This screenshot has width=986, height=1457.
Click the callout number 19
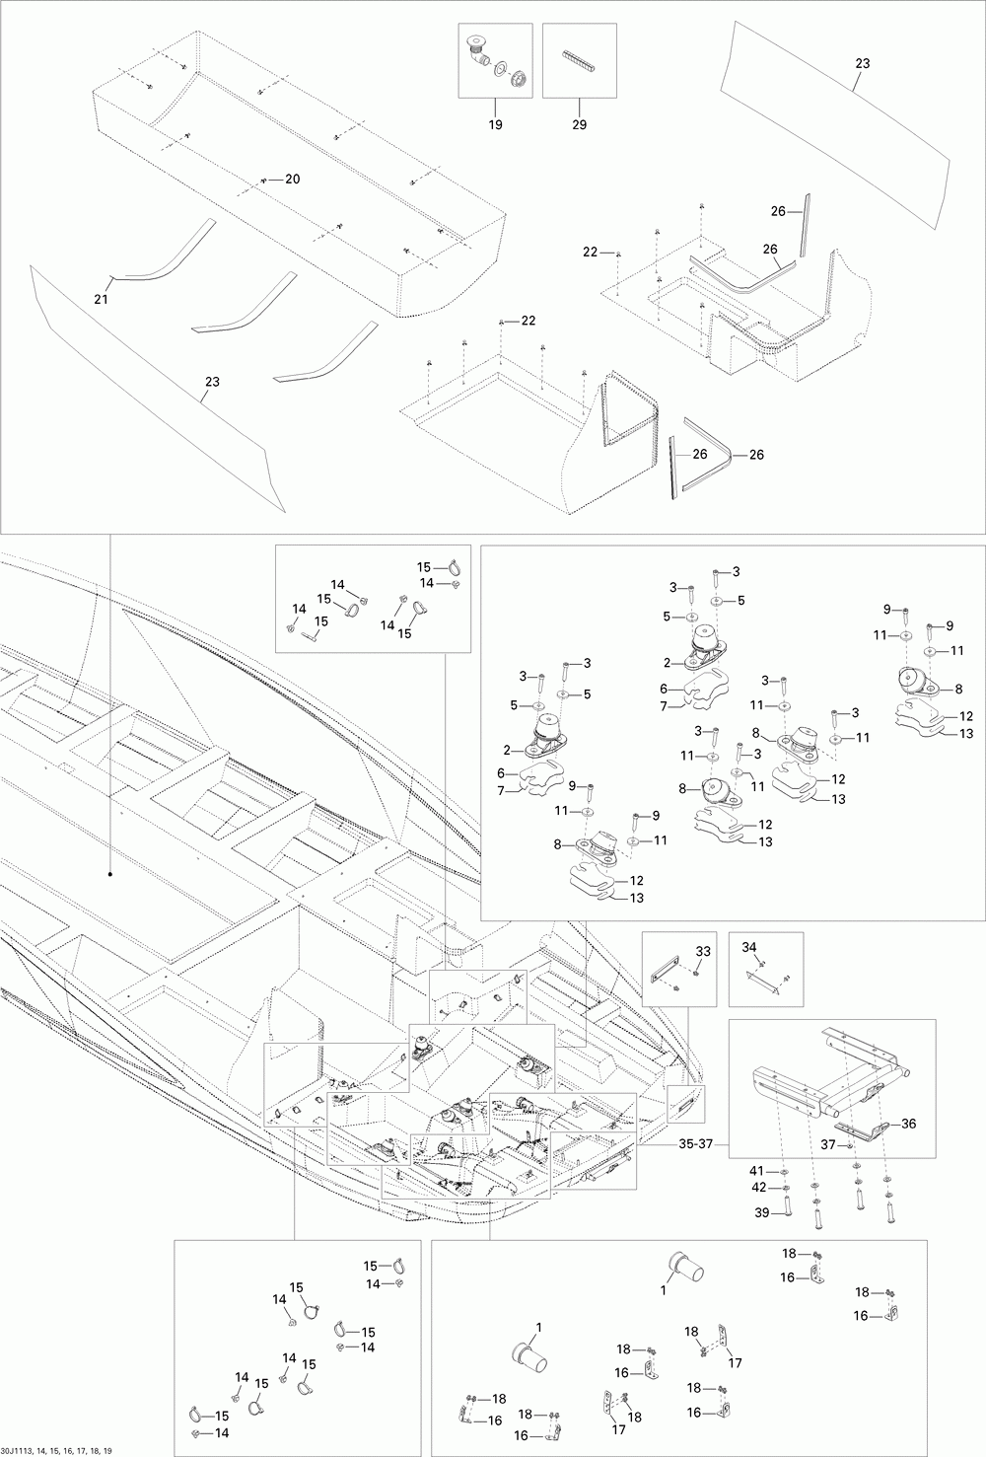point(495,124)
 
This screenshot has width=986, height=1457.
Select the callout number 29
point(579,124)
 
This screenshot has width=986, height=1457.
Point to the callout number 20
point(292,179)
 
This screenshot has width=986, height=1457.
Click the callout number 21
point(100,299)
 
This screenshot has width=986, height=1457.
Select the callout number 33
point(703,950)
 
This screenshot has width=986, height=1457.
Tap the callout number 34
point(750,947)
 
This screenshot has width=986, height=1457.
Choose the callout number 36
point(908,1123)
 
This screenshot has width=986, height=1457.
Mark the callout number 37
point(830,1144)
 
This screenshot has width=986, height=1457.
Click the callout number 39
point(761,1211)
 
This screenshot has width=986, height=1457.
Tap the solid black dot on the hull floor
point(109,874)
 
